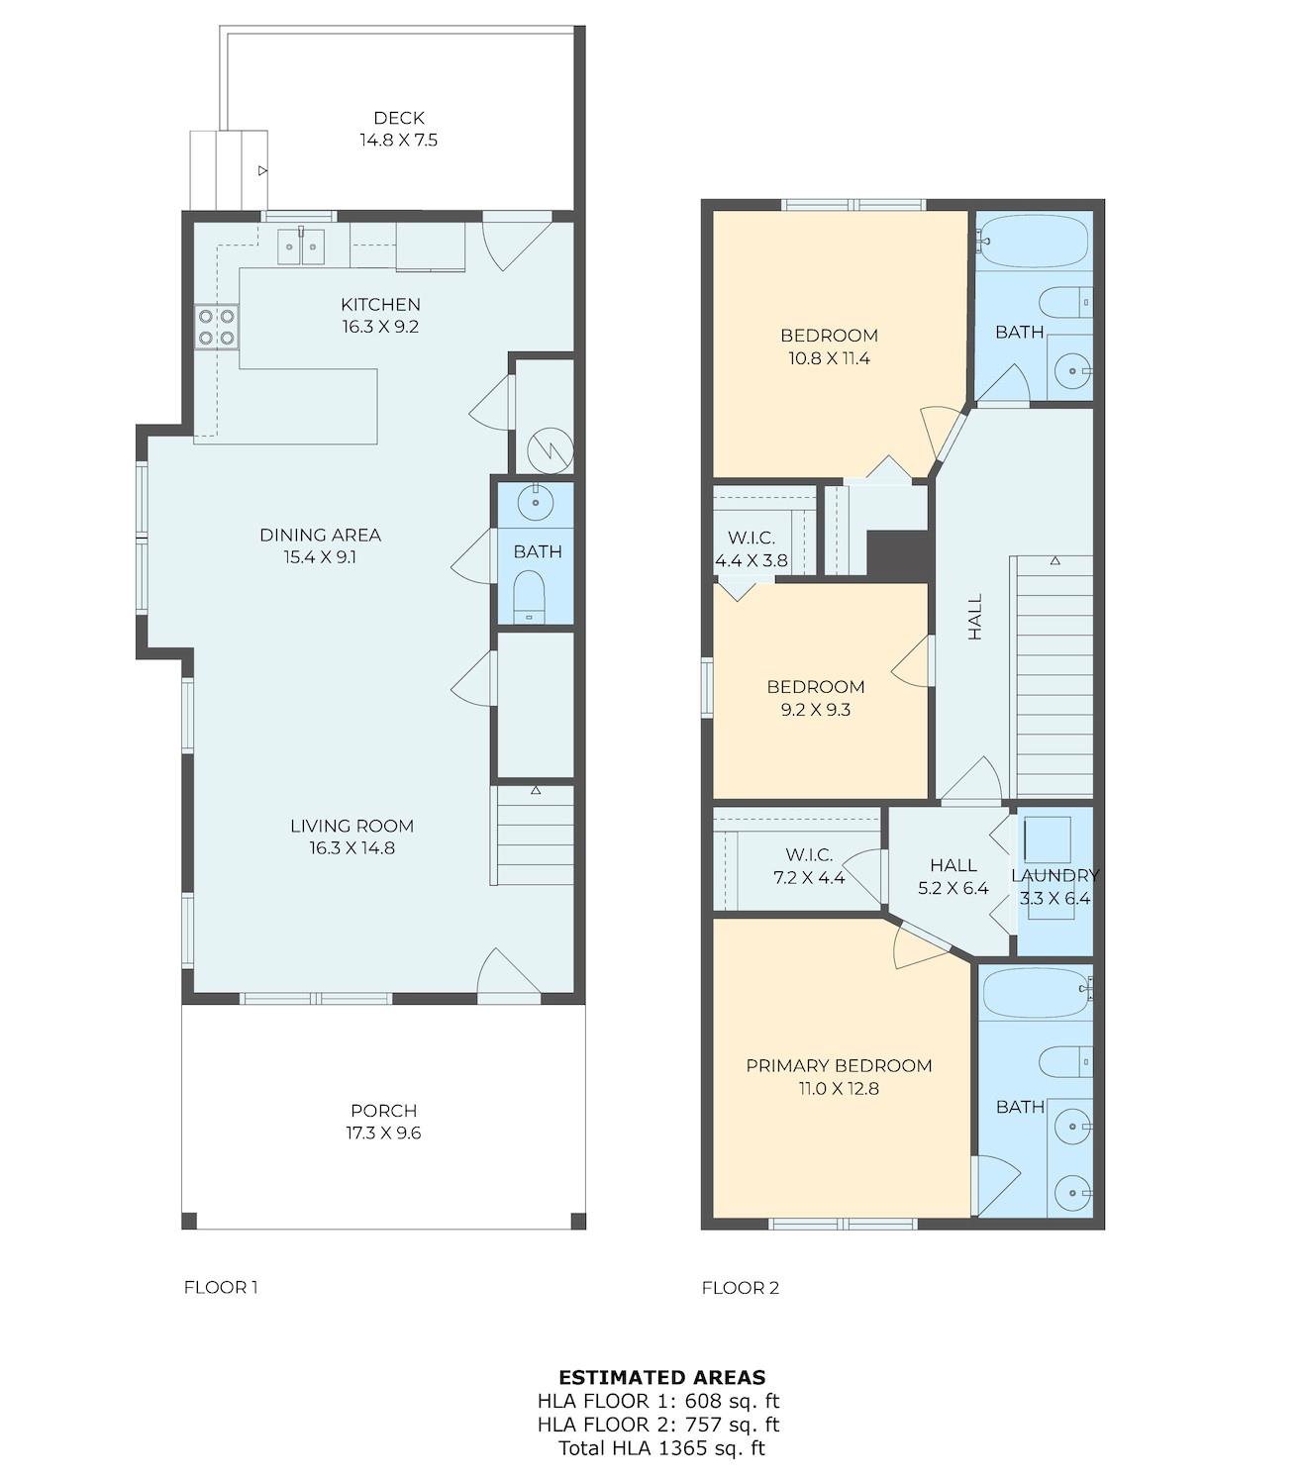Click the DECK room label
click(x=398, y=118)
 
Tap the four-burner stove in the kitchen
click(x=217, y=328)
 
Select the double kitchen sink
click(x=300, y=246)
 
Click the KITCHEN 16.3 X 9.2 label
click(x=380, y=315)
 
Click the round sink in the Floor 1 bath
click(x=536, y=503)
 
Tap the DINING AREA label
click(x=320, y=535)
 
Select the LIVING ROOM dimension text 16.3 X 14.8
click(x=351, y=847)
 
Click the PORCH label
click(x=383, y=1111)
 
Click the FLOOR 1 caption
click(x=221, y=1287)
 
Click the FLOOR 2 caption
click(x=740, y=1288)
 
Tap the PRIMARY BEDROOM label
click(x=839, y=1065)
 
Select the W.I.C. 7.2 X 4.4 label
click(x=809, y=866)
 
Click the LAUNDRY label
click(x=1054, y=875)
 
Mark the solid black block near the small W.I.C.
click(x=898, y=554)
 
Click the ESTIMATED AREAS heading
click(x=661, y=1377)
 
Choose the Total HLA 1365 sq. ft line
click(x=661, y=1448)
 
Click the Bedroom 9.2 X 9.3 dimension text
click(x=815, y=709)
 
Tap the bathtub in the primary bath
click(x=1036, y=993)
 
